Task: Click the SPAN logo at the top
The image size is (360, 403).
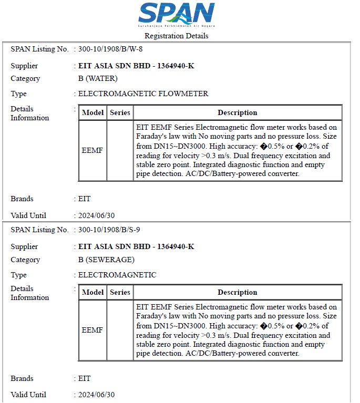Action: (177, 15)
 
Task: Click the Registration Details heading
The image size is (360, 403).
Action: (177, 36)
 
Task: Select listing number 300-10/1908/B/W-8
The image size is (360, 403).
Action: (110, 49)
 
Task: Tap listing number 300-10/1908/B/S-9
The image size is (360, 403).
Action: (109, 230)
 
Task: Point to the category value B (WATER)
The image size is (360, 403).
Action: (98, 78)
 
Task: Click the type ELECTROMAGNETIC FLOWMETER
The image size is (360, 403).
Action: (143, 94)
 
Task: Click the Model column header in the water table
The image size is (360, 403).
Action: (93, 112)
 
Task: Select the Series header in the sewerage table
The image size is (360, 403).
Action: (120, 292)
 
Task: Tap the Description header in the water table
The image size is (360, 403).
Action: (238, 112)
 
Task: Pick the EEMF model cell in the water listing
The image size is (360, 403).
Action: (92, 150)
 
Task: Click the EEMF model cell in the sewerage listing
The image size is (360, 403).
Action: (92, 330)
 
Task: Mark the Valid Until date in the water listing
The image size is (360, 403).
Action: (96, 215)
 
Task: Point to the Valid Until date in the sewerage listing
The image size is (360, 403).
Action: (96, 395)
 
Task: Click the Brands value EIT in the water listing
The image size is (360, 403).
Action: (84, 199)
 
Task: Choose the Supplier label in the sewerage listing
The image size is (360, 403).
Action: (24, 246)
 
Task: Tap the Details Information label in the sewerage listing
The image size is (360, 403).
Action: (29, 293)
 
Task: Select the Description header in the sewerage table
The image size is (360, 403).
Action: (238, 292)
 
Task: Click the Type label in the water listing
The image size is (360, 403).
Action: (18, 94)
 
